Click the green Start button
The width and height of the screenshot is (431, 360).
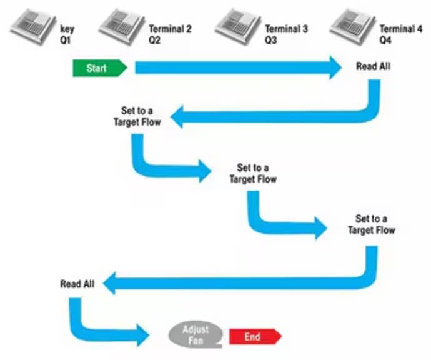pos(99,68)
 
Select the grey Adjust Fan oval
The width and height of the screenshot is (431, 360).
pos(194,334)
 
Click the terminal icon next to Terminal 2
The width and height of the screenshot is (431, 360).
pos(121,26)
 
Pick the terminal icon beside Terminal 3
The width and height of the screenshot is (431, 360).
pos(238,26)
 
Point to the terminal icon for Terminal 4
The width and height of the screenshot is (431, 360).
pos(353,26)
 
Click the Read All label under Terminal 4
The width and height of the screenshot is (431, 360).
pos(373,66)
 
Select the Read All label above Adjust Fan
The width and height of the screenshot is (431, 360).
pos(77,284)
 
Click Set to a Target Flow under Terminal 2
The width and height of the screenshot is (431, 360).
pos(137,117)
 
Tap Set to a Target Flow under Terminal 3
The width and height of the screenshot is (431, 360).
pos(253,173)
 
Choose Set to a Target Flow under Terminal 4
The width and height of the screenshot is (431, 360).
pos(371,224)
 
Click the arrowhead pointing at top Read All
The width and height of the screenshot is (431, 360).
pos(334,67)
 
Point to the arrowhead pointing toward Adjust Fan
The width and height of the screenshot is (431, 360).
pos(142,336)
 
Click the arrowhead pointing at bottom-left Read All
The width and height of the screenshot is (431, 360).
pos(110,284)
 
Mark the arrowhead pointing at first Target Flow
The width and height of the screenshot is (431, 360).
pos(177,117)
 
